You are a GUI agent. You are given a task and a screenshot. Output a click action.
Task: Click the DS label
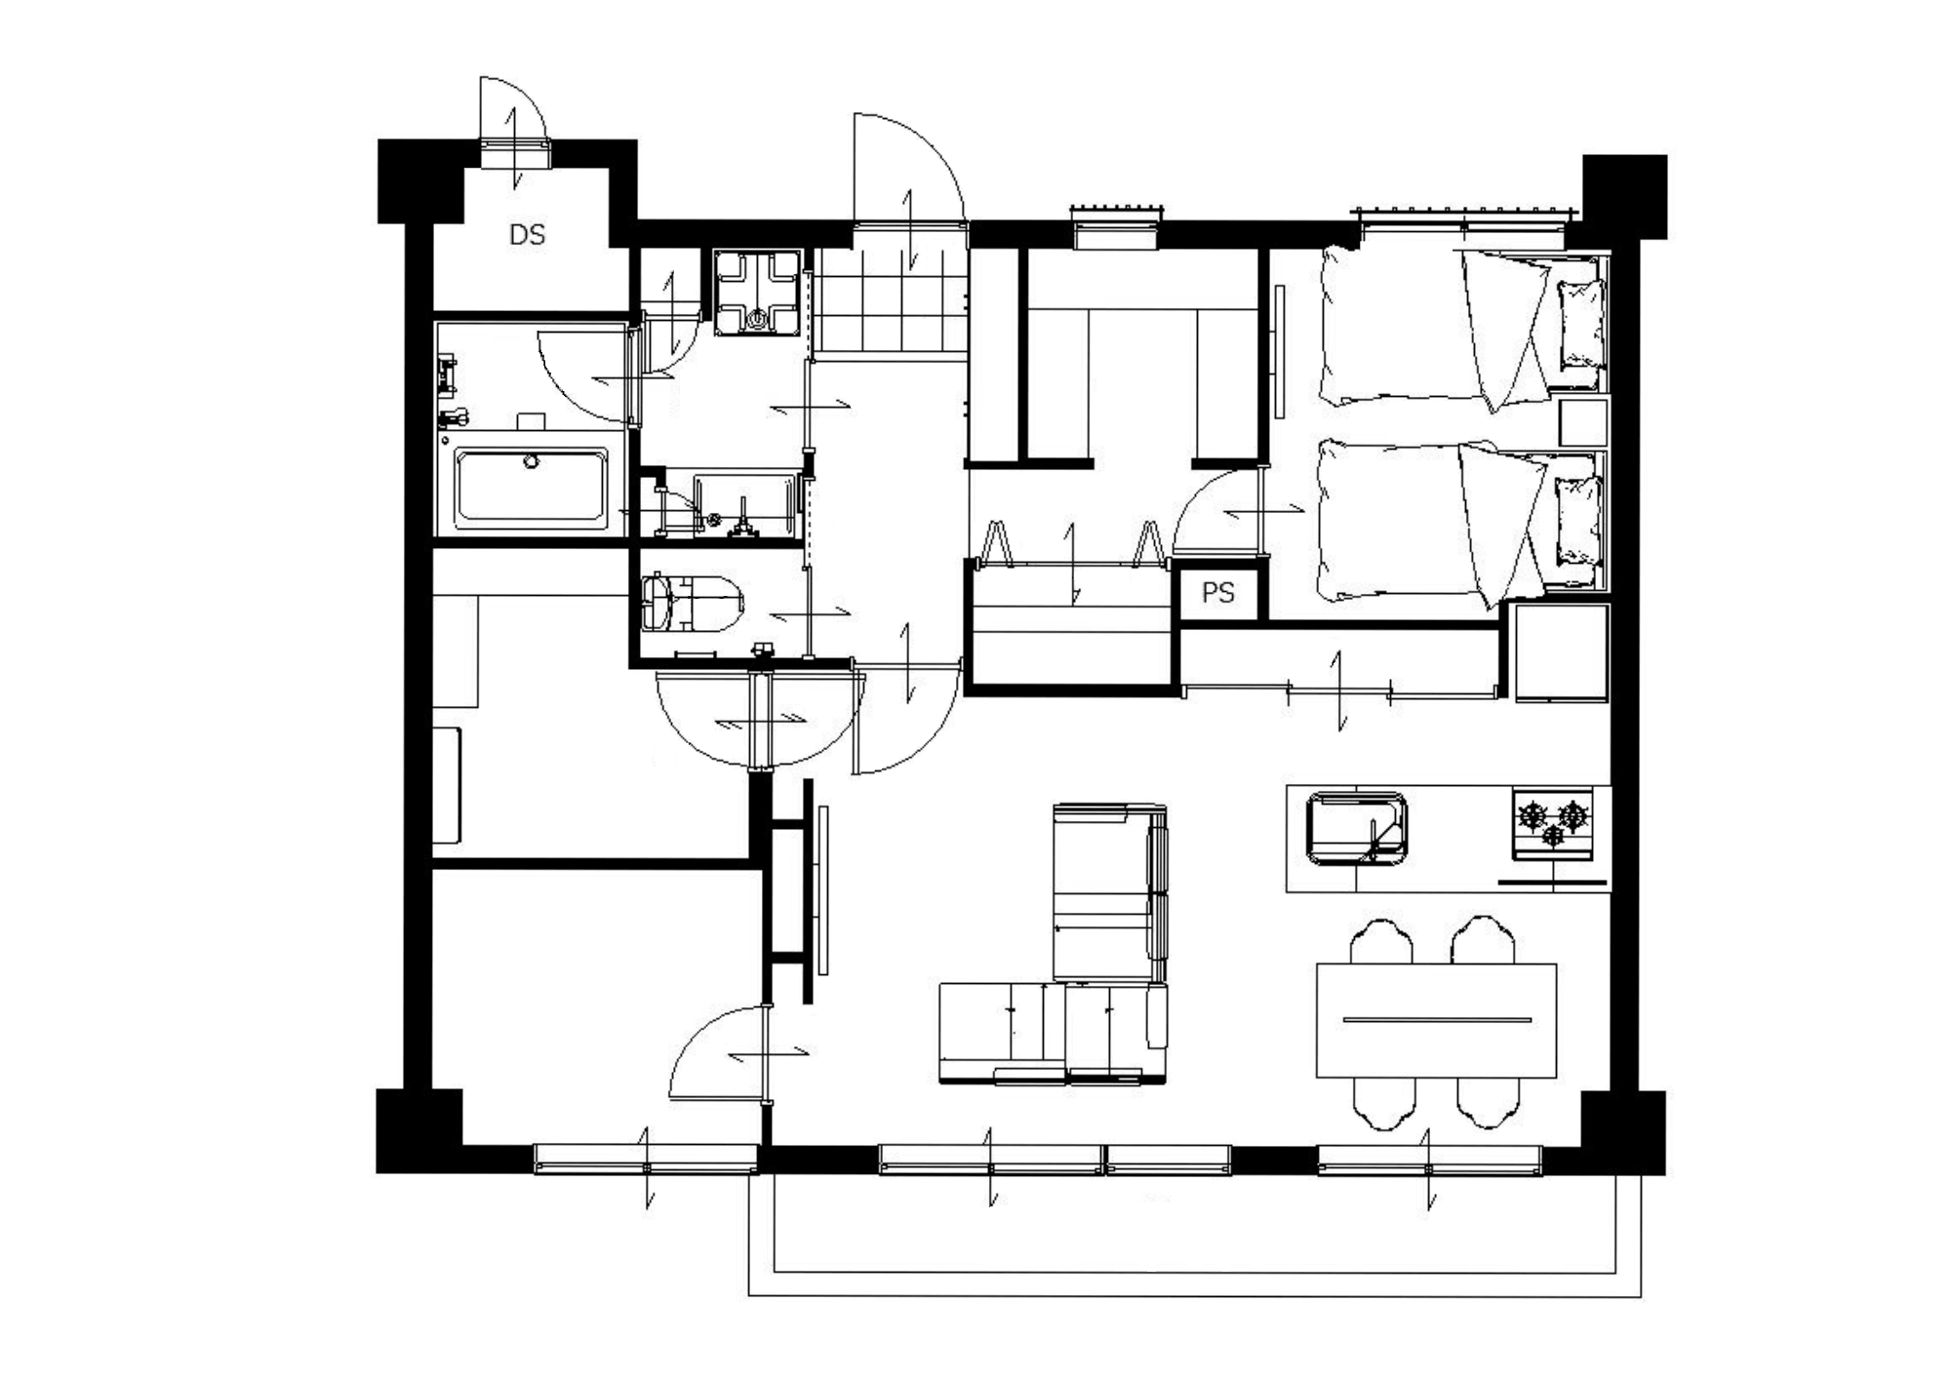(x=527, y=235)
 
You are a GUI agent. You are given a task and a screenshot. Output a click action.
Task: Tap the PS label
(x=1217, y=593)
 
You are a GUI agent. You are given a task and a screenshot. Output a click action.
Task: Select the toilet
(x=693, y=602)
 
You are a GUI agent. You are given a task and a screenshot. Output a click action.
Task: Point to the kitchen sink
(x=1356, y=828)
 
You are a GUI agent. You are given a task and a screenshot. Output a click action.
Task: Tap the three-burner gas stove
(x=1553, y=824)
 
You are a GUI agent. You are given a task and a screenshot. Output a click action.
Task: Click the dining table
(x=1436, y=1020)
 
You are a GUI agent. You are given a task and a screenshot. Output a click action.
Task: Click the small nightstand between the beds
(x=1582, y=422)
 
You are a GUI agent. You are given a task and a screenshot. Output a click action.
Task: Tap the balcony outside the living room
(x=1194, y=1234)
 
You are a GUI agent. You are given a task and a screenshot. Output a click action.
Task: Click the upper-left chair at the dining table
(x=1381, y=940)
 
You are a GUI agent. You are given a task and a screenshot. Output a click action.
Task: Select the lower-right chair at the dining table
(x=1489, y=1103)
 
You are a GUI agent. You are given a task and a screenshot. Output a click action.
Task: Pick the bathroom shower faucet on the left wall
(x=449, y=376)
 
